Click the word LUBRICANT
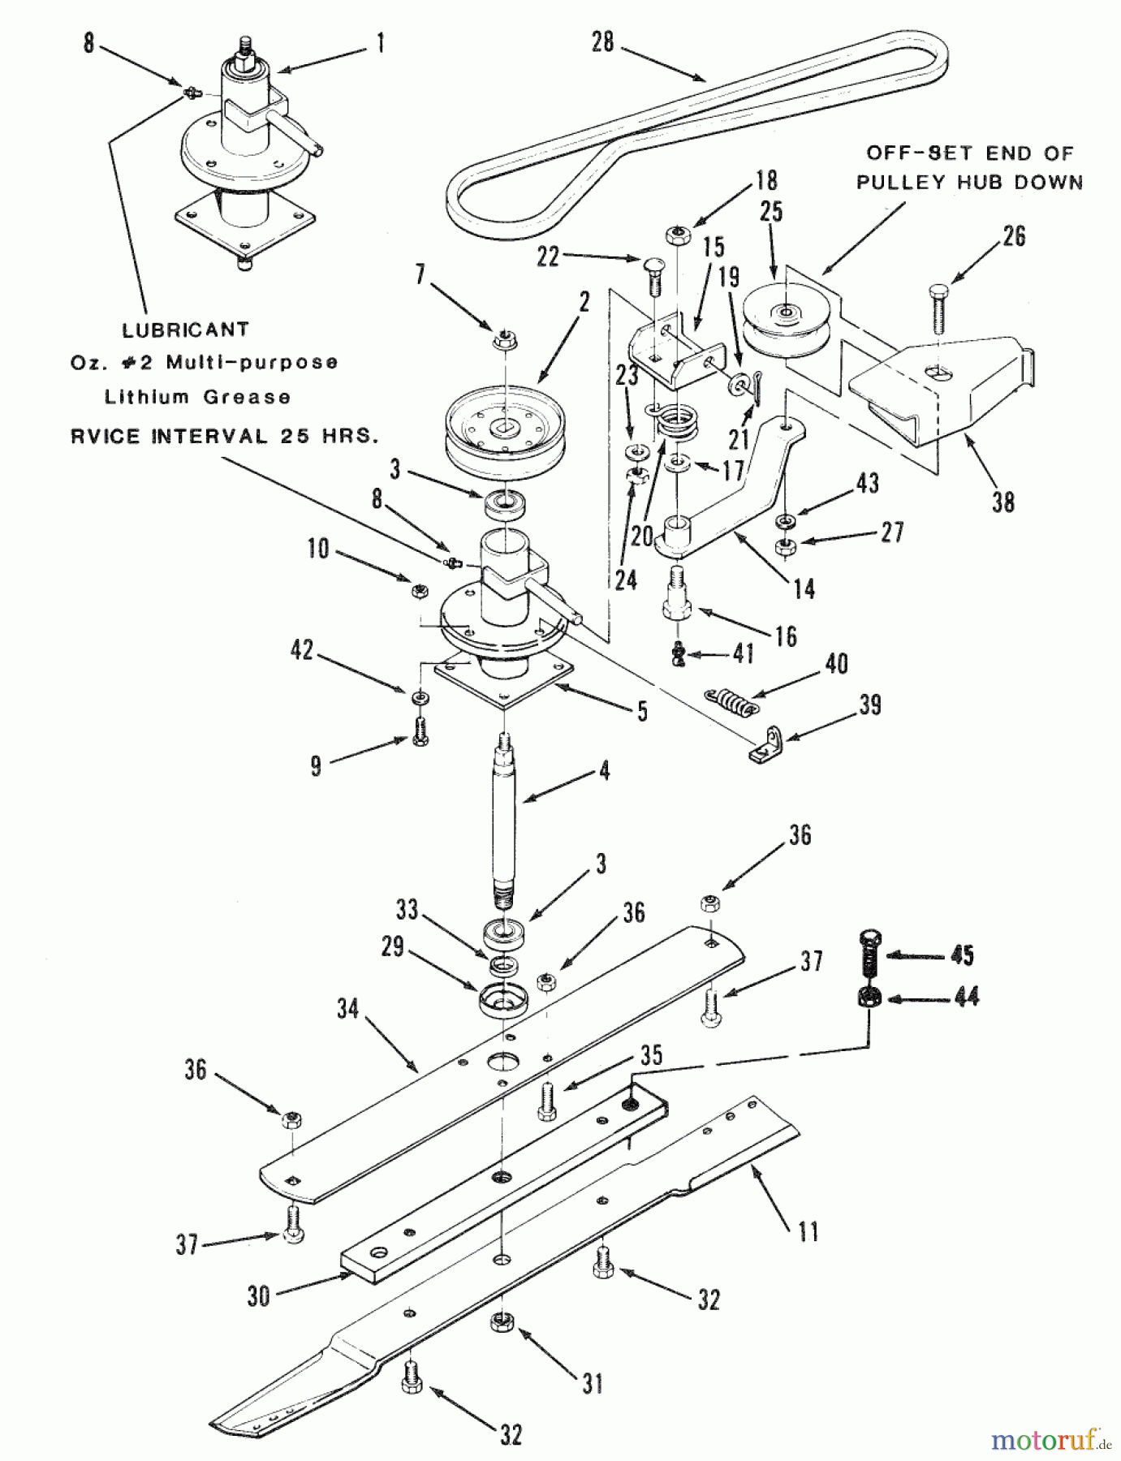(185, 330)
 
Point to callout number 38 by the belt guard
(1003, 502)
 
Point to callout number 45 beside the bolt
(962, 955)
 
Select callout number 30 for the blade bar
(258, 1296)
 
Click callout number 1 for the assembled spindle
(379, 42)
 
